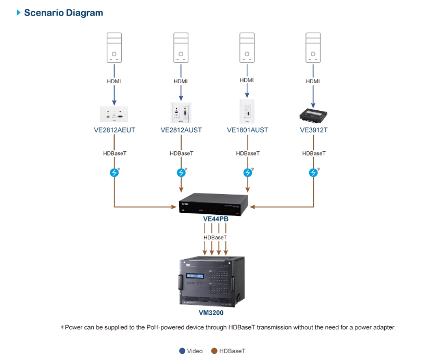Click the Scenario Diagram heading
pyautogui.click(x=63, y=12)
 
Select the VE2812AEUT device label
pyautogui.click(x=115, y=130)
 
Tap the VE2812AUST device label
pyautogui.click(x=181, y=130)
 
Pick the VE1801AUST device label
pyautogui.click(x=247, y=130)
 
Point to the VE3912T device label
pyautogui.click(x=313, y=130)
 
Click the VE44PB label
pyautogui.click(x=215, y=219)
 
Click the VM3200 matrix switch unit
pyautogui.click(x=212, y=281)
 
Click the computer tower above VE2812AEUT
pyautogui.click(x=114, y=48)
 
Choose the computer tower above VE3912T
pyautogui.click(x=313, y=48)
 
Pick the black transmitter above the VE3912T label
pyautogui.click(x=313, y=113)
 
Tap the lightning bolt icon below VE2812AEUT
pyautogui.click(x=114, y=173)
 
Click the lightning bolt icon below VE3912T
pyautogui.click(x=313, y=173)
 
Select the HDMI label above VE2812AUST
pyautogui.click(x=181, y=81)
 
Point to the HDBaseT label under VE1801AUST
pyautogui.click(x=247, y=153)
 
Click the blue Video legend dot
pyautogui.click(x=182, y=351)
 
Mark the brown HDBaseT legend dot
pyautogui.click(x=214, y=351)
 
